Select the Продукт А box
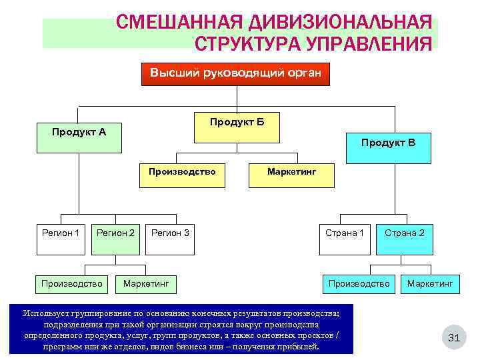tap(79, 131)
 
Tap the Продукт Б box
tap(237, 127)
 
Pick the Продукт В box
tap(388, 147)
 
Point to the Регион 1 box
tap(61, 237)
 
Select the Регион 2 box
tap(116, 237)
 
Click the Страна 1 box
tap(344, 237)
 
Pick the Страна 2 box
tap(404, 237)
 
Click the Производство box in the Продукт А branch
tap(72, 284)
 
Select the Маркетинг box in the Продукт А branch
tap(146, 284)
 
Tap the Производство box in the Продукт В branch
tap(359, 284)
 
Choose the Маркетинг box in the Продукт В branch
tap(430, 284)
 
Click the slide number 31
tap(454, 338)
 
